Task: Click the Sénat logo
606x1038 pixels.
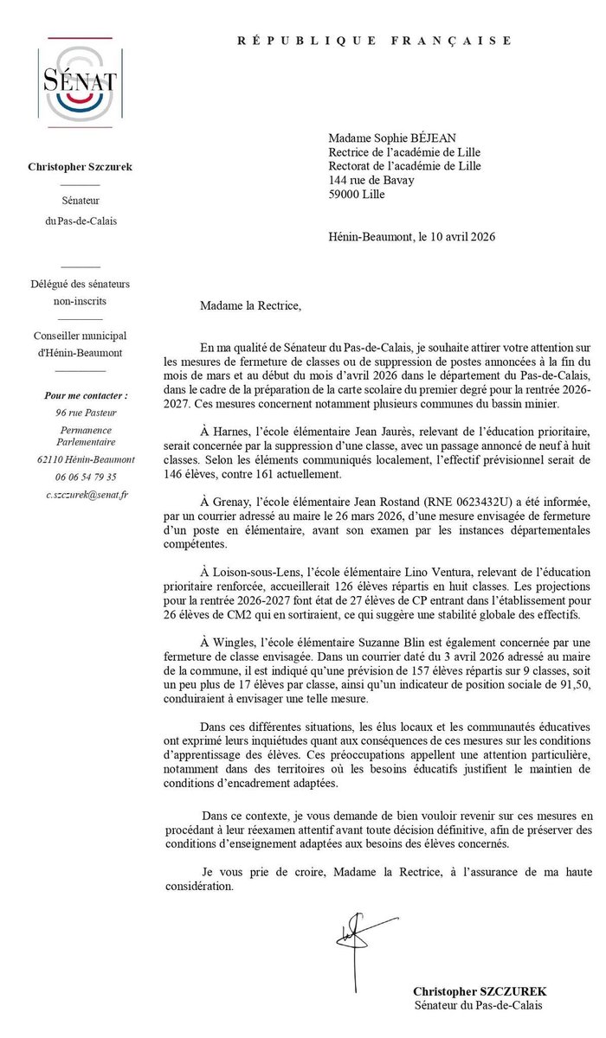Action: pyautogui.click(x=80, y=83)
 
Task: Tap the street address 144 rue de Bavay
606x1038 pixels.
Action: pyautogui.click(x=371, y=181)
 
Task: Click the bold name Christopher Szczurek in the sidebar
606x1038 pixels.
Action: pyautogui.click(x=81, y=166)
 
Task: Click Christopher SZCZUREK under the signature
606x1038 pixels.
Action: pyautogui.click(x=480, y=990)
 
